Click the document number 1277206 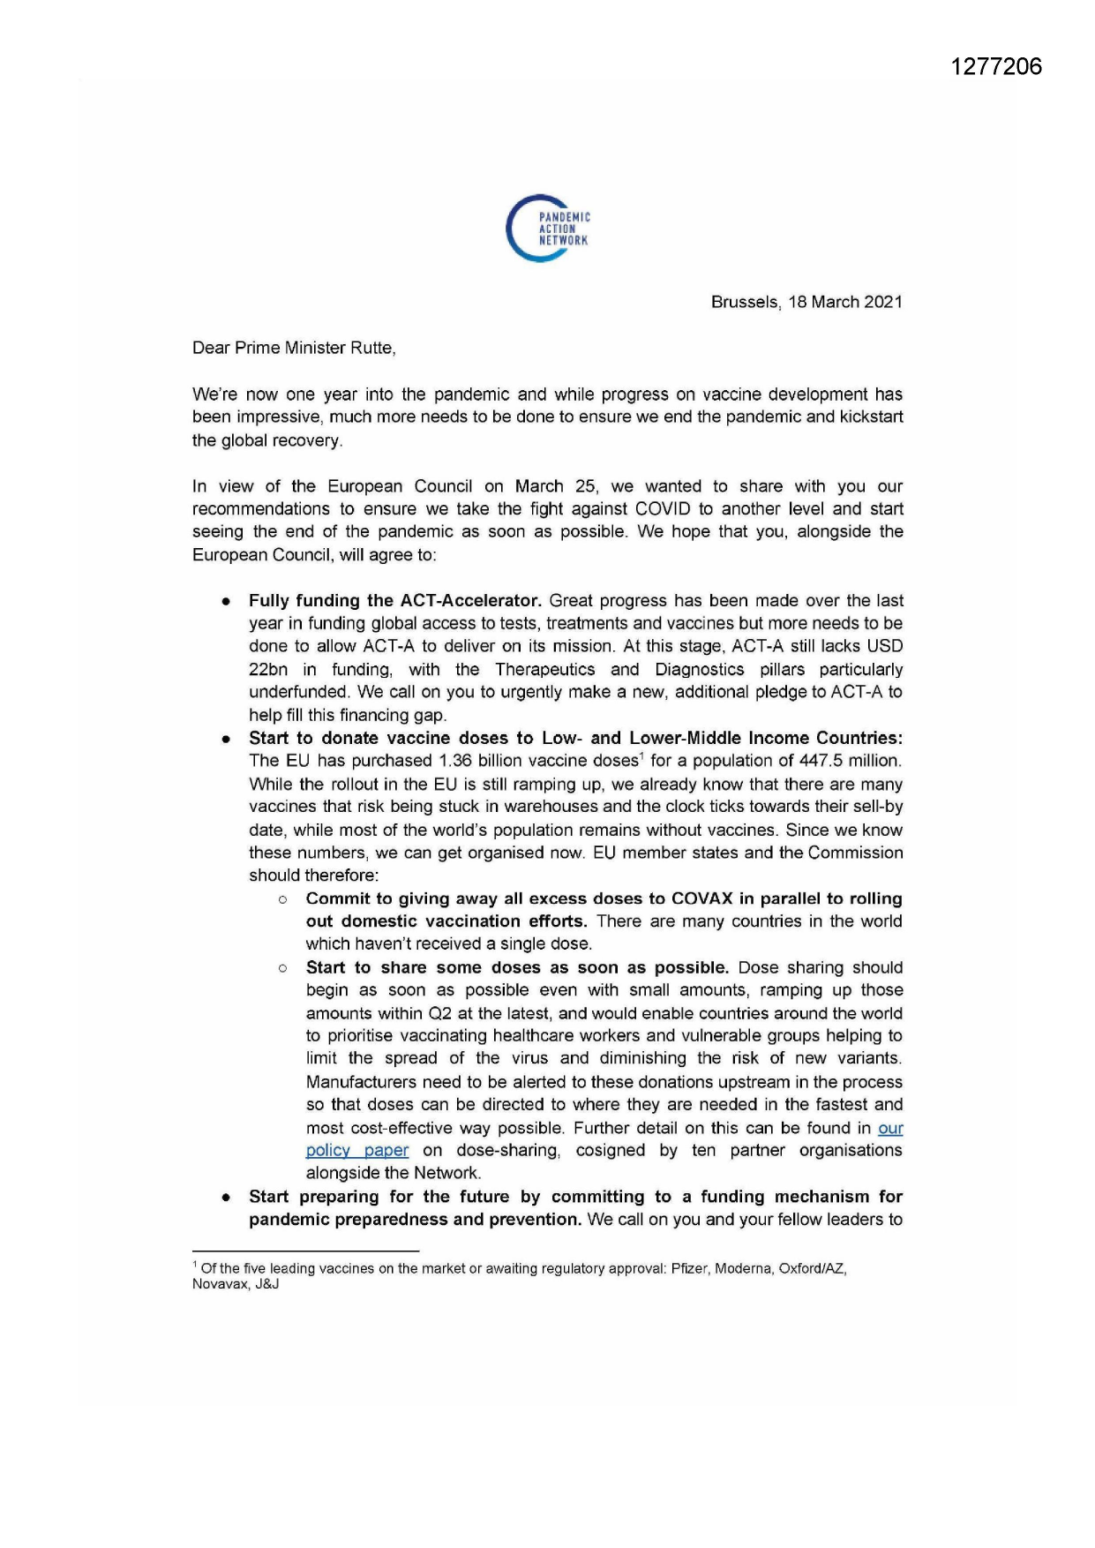996,67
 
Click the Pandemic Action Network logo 547,228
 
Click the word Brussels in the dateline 745,302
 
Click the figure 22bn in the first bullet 268,670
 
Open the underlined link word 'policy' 328,1151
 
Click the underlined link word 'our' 890,1128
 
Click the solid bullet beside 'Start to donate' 227,739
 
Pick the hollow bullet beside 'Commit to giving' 282,899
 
